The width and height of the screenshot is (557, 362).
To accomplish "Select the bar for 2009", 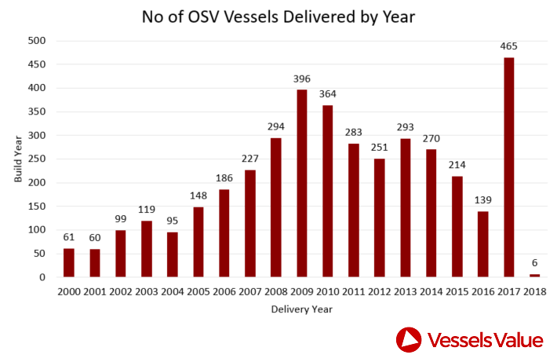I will click(302, 184).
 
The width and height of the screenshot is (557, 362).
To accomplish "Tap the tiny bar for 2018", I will click(534, 275).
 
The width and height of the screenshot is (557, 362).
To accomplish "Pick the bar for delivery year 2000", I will click(69, 262).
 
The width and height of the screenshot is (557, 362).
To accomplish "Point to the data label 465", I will click(508, 46).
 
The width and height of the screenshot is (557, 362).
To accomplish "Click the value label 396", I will click(302, 79).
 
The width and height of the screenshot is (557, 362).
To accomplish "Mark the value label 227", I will click(250, 159).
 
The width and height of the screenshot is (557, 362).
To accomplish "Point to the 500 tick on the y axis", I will click(37, 41).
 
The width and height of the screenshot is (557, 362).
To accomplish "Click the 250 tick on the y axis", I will click(37, 159).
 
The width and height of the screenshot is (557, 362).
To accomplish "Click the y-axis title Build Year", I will click(18, 159).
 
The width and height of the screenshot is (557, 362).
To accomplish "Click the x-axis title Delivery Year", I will click(302, 309).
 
